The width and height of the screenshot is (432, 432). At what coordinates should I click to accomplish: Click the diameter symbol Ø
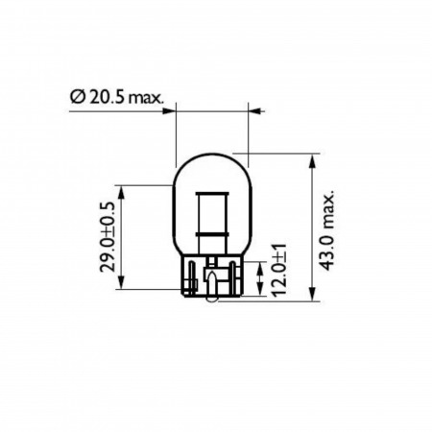(x=77, y=98)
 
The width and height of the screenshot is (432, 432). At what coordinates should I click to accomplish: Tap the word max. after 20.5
(x=146, y=98)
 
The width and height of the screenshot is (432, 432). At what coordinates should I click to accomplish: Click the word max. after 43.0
(x=329, y=213)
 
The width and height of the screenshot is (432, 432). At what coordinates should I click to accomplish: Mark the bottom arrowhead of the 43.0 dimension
(x=313, y=299)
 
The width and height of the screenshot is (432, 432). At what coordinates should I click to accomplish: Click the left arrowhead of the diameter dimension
(x=175, y=111)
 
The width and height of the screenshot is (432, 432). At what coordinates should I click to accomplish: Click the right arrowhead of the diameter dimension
(x=252, y=111)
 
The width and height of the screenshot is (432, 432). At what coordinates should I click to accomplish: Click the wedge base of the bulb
(x=212, y=278)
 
